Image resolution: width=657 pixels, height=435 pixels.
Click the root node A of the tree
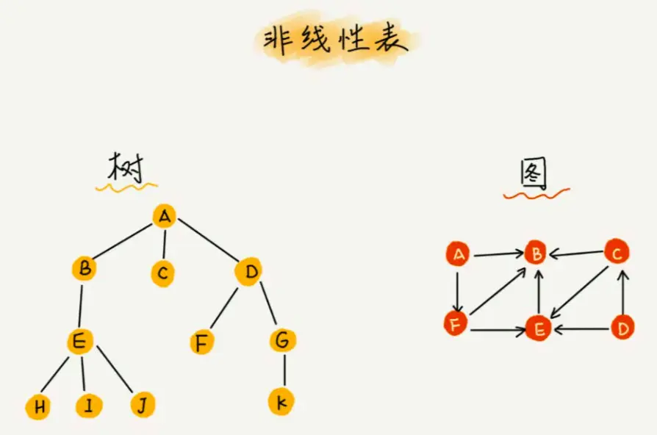tap(165, 216)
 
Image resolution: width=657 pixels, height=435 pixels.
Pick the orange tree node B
tap(85, 269)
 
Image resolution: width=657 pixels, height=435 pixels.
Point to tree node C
tap(163, 273)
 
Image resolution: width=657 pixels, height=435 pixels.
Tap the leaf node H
tap(37, 407)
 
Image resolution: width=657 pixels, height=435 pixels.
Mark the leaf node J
tap(143, 403)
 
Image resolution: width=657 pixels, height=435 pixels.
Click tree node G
tap(282, 341)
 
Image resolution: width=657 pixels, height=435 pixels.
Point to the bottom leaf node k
tap(281, 401)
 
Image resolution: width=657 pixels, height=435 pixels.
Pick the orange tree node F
tap(202, 342)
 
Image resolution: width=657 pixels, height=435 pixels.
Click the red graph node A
tap(458, 255)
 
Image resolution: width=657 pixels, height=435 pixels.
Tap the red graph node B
tap(536, 254)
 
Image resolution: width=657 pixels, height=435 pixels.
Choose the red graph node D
tap(623, 327)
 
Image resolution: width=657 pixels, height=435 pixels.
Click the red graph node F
tap(456, 323)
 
